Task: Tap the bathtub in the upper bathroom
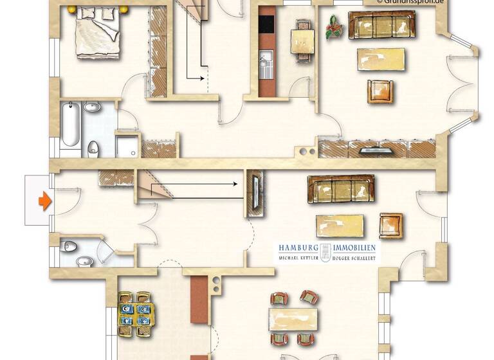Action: coord(69,124)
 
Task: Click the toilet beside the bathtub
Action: coord(93,147)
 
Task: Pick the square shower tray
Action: coord(127,147)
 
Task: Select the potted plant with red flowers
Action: coord(334,28)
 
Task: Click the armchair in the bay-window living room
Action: coord(380,91)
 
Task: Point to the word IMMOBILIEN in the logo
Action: coord(356,248)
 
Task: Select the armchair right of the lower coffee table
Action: coord(390,226)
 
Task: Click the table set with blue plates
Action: coord(136,313)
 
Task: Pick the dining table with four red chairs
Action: coord(294,318)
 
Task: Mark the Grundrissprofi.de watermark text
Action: coord(414,3)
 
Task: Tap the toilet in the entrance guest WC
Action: coord(69,246)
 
